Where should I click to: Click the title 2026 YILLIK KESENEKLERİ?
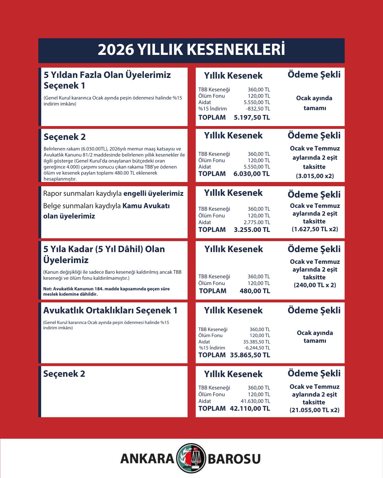point(191,50)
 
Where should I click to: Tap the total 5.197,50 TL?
point(252,118)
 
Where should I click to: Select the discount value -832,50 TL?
point(258,109)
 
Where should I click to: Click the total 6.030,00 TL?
point(251,174)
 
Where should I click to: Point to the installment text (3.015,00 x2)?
point(315,176)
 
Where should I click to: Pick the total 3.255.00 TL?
point(252,230)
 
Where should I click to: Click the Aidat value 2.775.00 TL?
point(257,222)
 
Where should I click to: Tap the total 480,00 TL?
point(255,291)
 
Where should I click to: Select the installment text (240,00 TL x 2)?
point(315,285)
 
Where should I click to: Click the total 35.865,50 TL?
point(250,355)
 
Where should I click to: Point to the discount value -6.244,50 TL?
point(257,348)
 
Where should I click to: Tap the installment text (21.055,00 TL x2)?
point(315,410)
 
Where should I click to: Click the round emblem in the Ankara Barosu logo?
point(191,458)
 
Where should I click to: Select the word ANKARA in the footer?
point(147,459)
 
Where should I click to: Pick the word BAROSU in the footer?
point(234,459)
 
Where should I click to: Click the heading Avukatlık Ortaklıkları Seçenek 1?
point(110,311)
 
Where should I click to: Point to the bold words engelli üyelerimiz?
point(154,193)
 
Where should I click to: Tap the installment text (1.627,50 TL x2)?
point(315,229)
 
